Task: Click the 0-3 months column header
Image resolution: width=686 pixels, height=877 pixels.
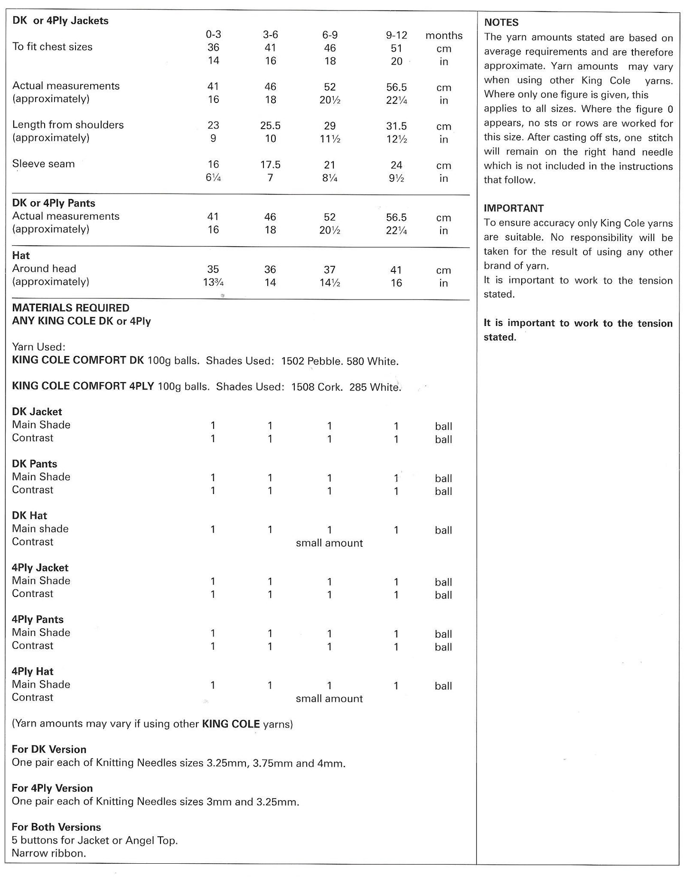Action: pyautogui.click(x=213, y=35)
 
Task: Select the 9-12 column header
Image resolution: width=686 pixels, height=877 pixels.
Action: pyautogui.click(x=396, y=35)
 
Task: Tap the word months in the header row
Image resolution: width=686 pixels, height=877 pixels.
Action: pyautogui.click(x=443, y=35)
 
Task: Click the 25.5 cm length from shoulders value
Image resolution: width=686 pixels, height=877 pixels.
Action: pyautogui.click(x=270, y=126)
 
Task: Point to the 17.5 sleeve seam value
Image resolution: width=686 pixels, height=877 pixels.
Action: pyautogui.click(x=270, y=165)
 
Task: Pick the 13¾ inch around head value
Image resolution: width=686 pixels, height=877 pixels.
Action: pyautogui.click(x=213, y=283)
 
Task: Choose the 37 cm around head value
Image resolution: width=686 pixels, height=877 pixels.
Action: pyautogui.click(x=329, y=270)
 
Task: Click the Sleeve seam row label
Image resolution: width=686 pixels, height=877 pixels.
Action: pyautogui.click(x=44, y=164)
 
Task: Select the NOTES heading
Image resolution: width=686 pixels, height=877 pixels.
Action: pyautogui.click(x=501, y=22)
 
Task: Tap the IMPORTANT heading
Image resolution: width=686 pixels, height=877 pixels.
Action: pyautogui.click(x=514, y=208)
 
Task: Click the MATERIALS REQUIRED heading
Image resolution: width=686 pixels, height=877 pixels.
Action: pyautogui.click(x=71, y=308)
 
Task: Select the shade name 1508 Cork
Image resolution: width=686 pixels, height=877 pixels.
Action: pyautogui.click(x=317, y=387)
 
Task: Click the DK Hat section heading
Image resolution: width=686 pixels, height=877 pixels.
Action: pyautogui.click(x=29, y=515)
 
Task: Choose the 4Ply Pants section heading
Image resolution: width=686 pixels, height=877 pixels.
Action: pyautogui.click(x=38, y=619)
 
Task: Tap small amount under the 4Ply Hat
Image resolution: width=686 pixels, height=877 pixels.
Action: pyautogui.click(x=329, y=699)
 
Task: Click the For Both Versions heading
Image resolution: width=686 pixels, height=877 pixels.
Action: pyautogui.click(x=56, y=827)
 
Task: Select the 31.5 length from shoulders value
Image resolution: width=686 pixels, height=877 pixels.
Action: pyautogui.click(x=396, y=126)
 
